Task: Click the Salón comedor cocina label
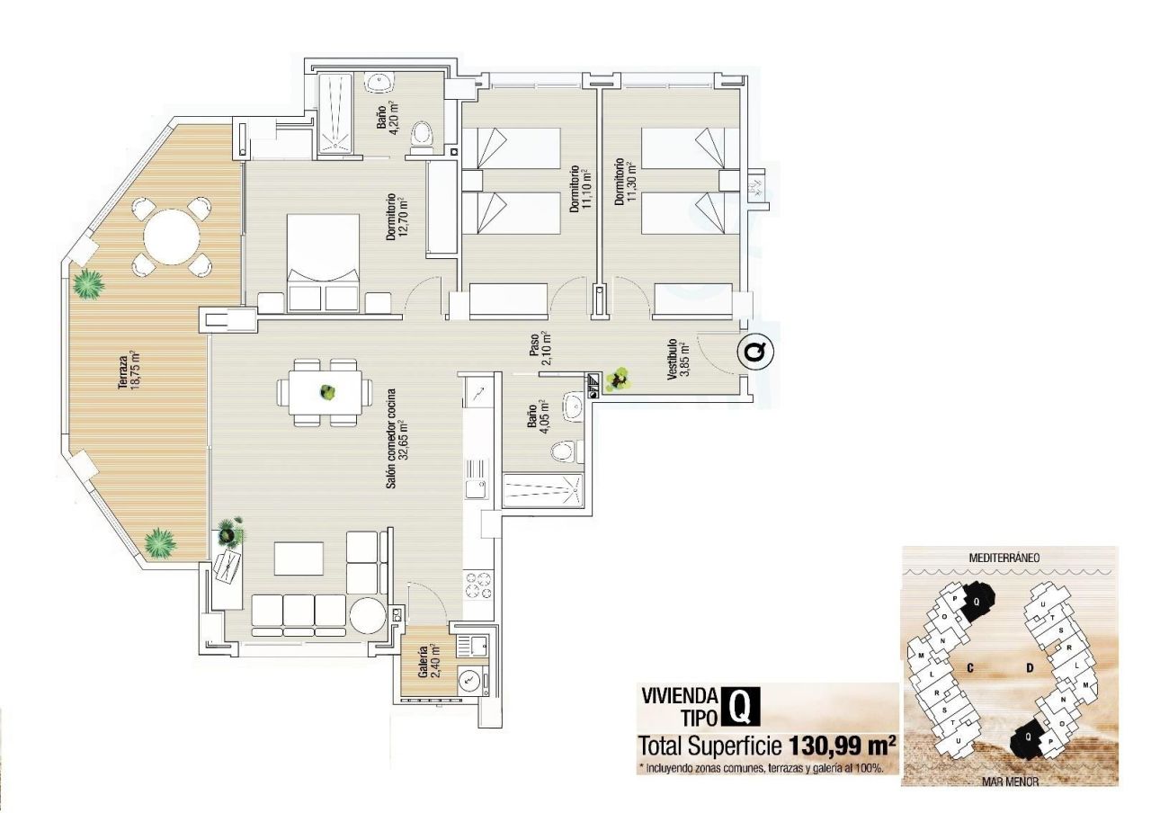point(397,438)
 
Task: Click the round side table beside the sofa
point(367,617)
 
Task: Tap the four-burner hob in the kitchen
point(478,585)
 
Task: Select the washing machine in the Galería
point(469,682)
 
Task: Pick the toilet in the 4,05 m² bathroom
point(563,451)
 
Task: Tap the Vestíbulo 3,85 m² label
point(677,362)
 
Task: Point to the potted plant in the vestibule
point(618,380)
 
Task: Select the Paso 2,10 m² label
point(540,353)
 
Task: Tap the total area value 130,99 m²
point(843,746)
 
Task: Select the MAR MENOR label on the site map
point(1008,782)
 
